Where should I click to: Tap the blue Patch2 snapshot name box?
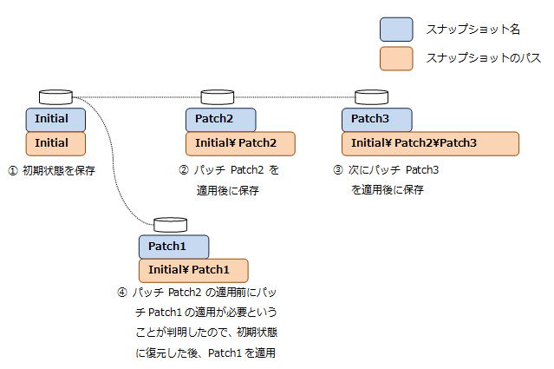(x=221, y=119)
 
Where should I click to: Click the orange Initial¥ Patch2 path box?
(x=240, y=143)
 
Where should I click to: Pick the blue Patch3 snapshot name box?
(x=377, y=119)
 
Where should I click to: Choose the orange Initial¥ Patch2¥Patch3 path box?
(x=430, y=143)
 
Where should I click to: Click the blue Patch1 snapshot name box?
(x=173, y=247)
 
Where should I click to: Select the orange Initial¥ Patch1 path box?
(x=193, y=270)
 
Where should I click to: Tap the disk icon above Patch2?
(x=218, y=97)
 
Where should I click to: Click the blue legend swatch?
(x=396, y=30)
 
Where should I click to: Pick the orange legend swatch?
(x=396, y=58)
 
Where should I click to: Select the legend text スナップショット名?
(x=473, y=30)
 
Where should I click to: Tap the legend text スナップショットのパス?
(x=483, y=58)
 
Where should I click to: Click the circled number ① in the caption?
(x=12, y=170)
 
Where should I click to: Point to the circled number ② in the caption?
(x=183, y=170)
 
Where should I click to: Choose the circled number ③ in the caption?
(x=337, y=170)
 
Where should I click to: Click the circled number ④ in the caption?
(x=122, y=292)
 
